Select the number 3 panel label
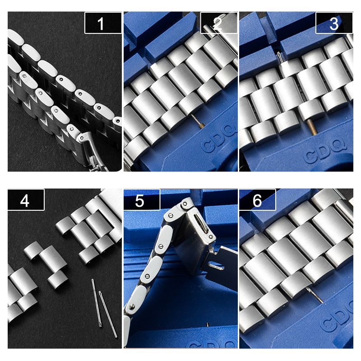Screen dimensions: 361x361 click(334, 23)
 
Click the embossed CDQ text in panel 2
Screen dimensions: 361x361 click(218, 140)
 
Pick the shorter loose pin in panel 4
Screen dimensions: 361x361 click(96, 303)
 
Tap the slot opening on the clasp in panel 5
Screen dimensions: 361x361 click(201, 222)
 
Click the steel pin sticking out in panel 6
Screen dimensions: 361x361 click(315, 295)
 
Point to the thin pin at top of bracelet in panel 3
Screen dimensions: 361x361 click(280, 57)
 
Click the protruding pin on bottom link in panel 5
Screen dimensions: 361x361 click(132, 306)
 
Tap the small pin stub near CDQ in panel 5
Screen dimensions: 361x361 click(208, 324)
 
